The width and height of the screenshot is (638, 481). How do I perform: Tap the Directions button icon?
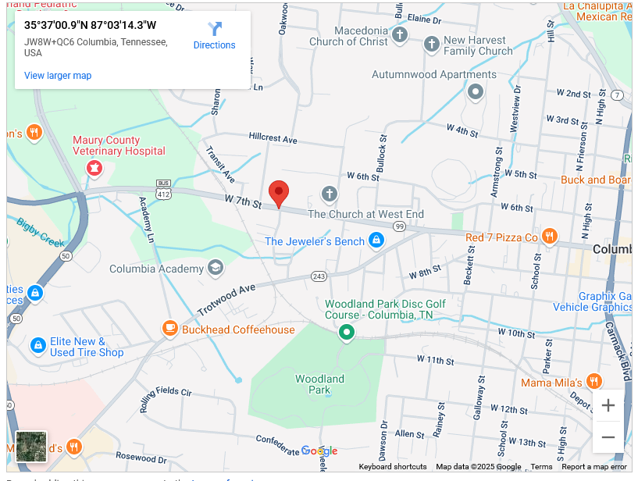[215, 29]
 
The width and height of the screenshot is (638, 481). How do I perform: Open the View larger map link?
[58, 76]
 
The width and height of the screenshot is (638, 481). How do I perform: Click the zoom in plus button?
[608, 406]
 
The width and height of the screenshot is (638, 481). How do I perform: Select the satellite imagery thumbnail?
[31, 447]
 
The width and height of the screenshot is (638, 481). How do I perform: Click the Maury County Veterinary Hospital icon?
[94, 167]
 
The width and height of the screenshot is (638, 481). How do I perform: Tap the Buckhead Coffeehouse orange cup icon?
[169, 329]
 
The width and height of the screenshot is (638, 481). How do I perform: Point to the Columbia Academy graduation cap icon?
[216, 269]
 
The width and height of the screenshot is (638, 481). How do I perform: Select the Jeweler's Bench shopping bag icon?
[376, 241]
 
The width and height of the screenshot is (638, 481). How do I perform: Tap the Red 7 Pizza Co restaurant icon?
[550, 237]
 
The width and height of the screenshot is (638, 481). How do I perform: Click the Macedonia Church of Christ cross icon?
[400, 35]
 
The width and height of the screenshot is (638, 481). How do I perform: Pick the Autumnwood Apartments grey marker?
[475, 92]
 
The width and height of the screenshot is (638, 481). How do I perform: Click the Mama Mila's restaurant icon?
[594, 382]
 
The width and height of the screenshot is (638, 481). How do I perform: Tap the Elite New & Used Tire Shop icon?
[37, 344]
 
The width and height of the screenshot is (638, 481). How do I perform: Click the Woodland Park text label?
[319, 384]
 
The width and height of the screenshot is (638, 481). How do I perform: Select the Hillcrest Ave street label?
[273, 139]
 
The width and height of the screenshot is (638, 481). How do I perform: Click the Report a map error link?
[593, 467]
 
